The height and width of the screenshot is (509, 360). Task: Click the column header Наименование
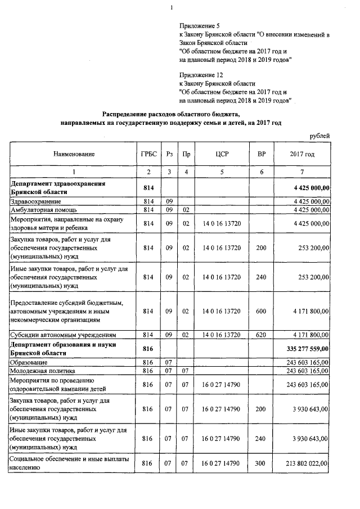tap(74, 154)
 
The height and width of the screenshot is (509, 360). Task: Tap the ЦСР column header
tap(221, 154)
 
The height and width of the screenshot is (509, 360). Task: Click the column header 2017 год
tap(302, 154)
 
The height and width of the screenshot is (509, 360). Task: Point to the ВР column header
tap(261, 154)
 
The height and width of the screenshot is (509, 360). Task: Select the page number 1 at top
tap(172, 7)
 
